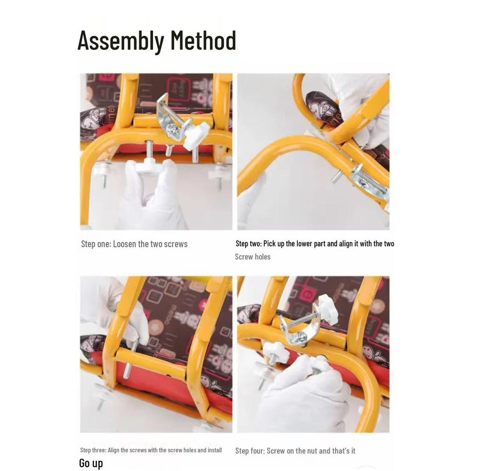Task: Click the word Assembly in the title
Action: click(x=120, y=41)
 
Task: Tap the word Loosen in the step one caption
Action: click(x=125, y=244)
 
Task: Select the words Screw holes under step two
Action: click(x=253, y=257)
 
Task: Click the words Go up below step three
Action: click(x=91, y=463)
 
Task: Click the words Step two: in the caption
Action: click(x=248, y=244)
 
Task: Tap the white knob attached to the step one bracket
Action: click(x=197, y=134)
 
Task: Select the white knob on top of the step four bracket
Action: click(x=328, y=309)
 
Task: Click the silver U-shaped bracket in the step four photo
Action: click(x=299, y=329)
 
